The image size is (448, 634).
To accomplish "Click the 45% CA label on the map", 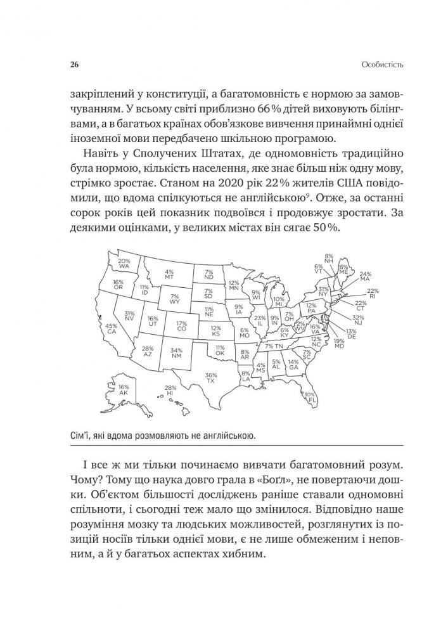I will coord(112,328).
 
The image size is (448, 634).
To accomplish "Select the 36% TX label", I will coord(211,378).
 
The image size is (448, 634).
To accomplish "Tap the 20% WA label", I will coord(124,264).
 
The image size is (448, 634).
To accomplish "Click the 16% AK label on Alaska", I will coord(124,390).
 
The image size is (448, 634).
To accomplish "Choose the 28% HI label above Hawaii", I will coord(170,392).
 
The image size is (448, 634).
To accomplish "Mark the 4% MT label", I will coord(169,275).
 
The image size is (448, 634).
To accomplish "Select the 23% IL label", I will coord(259,320).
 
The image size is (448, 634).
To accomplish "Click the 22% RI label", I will coord(372,293).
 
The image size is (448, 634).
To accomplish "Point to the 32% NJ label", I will coord(358,320).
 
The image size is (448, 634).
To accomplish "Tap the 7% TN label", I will coord(274,347).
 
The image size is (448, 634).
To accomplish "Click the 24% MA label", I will coord(364,276).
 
